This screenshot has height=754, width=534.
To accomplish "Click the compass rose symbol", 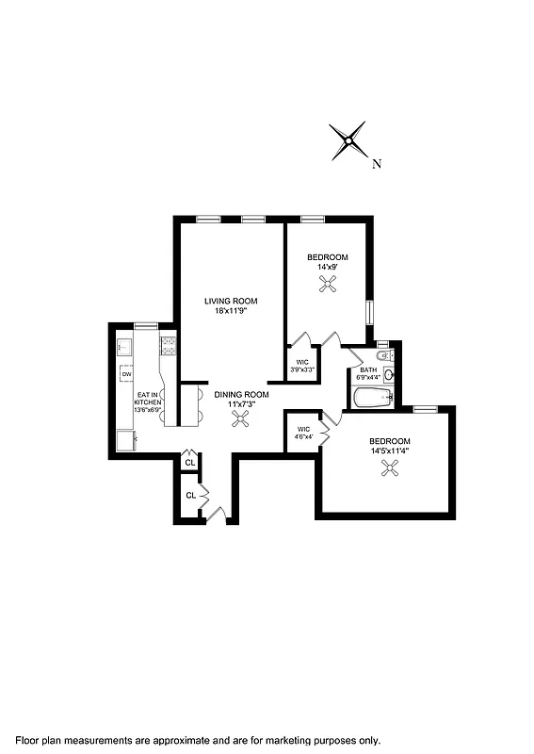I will (x=348, y=141).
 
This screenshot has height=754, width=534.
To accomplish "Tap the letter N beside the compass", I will (x=377, y=164).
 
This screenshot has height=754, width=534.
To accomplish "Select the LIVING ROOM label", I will (x=231, y=302).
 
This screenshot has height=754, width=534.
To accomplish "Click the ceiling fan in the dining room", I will (x=239, y=423).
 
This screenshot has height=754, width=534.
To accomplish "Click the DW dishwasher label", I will (x=125, y=375).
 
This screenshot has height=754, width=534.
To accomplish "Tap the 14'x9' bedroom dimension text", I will (x=328, y=267).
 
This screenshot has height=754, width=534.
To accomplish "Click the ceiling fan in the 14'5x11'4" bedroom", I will (x=388, y=471).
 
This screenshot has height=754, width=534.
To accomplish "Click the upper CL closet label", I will (x=190, y=462).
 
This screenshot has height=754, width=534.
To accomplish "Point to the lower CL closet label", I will (x=190, y=495).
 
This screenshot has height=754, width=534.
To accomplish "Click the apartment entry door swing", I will (x=216, y=513).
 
